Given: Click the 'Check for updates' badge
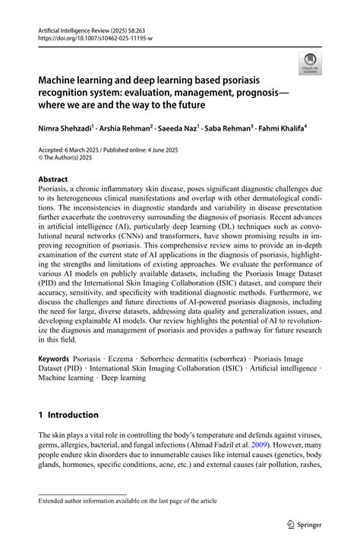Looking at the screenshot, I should [x=310, y=63].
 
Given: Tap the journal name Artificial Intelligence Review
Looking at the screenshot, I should [x=77, y=27].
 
